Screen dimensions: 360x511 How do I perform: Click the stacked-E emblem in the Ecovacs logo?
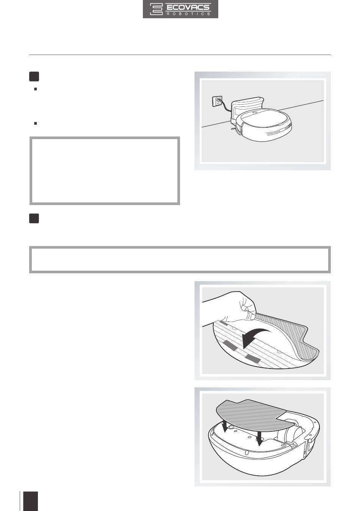pyautogui.click(x=156, y=9)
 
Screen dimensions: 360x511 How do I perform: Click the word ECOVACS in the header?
pyautogui.click(x=188, y=7)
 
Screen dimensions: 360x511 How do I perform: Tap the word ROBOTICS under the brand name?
pyautogui.click(x=188, y=14)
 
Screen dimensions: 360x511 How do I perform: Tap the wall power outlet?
pyautogui.click(x=217, y=101)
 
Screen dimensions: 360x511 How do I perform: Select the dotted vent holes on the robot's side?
pyautogui.click(x=273, y=133)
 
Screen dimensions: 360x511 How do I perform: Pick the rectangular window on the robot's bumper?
pyautogui.click(x=284, y=130)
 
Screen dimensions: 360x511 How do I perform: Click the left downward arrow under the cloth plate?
pyautogui.click(x=225, y=426)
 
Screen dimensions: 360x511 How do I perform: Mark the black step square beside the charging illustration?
pyautogui.click(x=34, y=77)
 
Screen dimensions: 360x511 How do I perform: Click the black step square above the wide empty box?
pyautogui.click(x=34, y=218)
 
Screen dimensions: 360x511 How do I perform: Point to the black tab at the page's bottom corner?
pyautogui.click(x=31, y=501)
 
